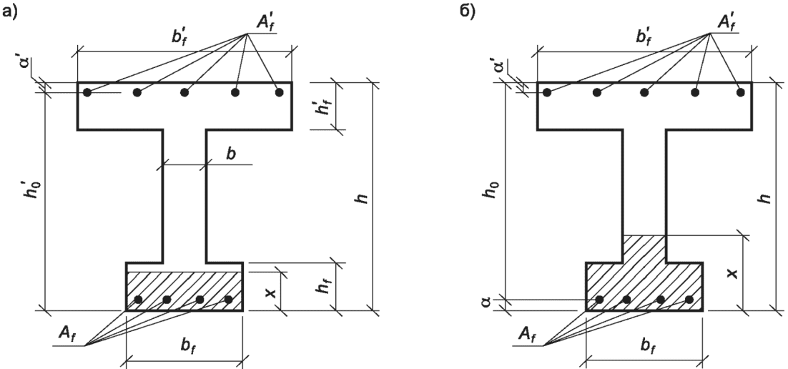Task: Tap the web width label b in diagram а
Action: click(x=231, y=154)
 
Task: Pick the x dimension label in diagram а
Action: click(x=272, y=292)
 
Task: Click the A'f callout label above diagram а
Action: click(x=265, y=23)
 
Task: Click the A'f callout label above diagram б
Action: click(x=727, y=23)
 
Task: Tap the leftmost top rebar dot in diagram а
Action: click(x=87, y=92)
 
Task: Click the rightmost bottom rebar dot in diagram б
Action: click(x=689, y=300)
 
